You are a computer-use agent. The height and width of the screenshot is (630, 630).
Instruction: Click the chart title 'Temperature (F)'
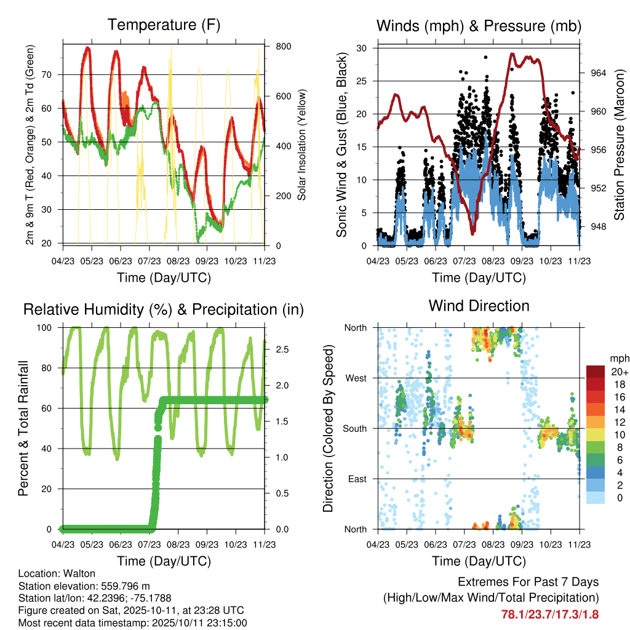163,25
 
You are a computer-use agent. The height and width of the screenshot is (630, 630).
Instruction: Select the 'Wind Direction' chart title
479,306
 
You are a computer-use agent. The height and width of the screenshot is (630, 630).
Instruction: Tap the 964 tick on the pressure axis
598,73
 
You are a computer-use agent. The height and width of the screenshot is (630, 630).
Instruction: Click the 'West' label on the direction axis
356,378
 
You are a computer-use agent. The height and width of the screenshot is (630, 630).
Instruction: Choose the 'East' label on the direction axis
357,479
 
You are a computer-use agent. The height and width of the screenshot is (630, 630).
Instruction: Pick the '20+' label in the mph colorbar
618,372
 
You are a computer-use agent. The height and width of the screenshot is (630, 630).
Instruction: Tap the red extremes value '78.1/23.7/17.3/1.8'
550,614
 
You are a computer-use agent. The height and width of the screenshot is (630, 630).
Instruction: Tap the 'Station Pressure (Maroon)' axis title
620,145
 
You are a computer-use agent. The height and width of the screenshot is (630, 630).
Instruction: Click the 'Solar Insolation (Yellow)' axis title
302,145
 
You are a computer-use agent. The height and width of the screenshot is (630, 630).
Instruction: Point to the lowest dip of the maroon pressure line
472,232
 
